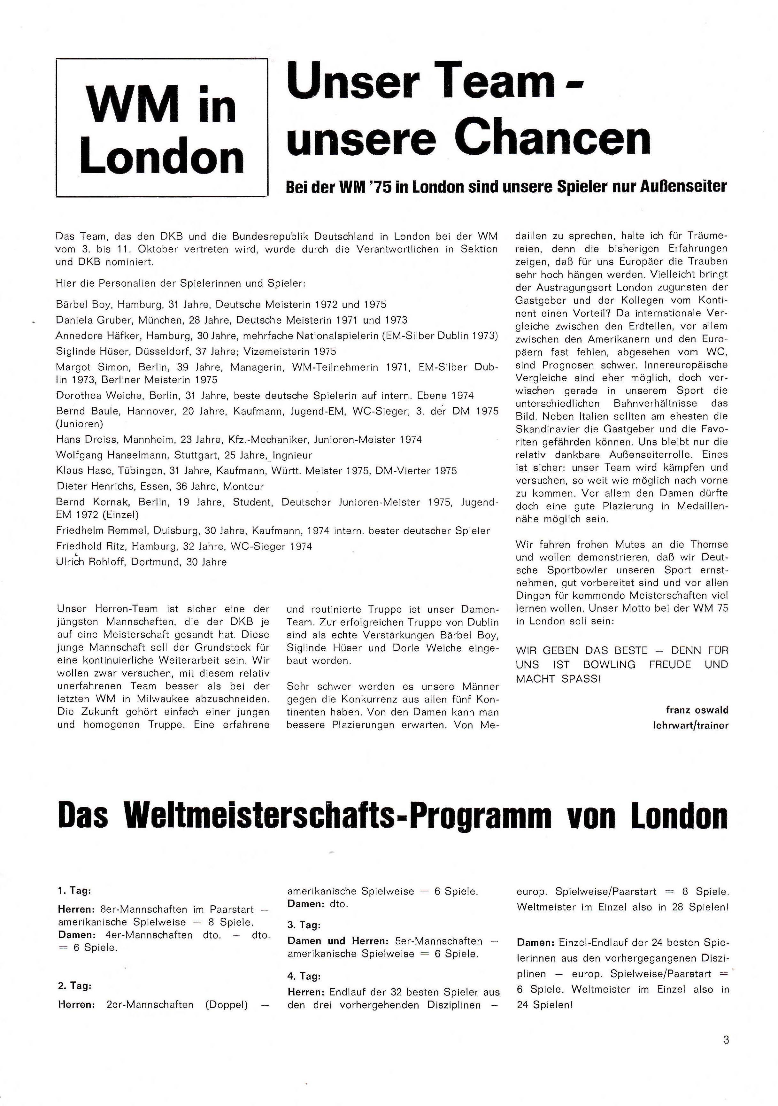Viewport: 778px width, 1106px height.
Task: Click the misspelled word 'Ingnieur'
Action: [x=292, y=455]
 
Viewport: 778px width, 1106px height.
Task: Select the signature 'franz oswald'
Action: [x=697, y=710]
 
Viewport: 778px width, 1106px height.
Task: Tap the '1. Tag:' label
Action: [x=74, y=891]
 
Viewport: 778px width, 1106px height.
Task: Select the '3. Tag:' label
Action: [x=304, y=925]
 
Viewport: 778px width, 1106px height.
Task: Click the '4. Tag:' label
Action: [x=304, y=977]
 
